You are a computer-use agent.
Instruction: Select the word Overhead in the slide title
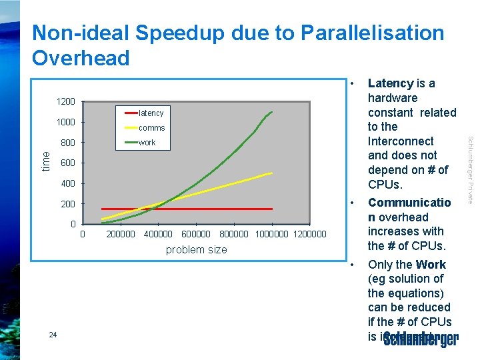point(81,58)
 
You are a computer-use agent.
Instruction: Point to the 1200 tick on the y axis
point(65,102)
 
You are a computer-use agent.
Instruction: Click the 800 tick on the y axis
point(67,143)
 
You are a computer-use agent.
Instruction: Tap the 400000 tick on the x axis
point(158,234)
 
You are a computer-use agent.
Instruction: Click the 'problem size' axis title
point(196,249)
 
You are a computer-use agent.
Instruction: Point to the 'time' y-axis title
point(45,160)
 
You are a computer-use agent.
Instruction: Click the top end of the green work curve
point(272,111)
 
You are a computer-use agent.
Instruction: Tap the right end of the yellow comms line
point(272,173)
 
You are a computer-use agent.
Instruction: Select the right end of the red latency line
point(272,209)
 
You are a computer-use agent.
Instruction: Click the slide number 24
point(53,335)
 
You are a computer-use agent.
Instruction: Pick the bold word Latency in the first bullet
point(391,83)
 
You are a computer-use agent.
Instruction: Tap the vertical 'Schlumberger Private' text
point(470,170)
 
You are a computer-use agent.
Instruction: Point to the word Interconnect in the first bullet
point(401,141)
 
